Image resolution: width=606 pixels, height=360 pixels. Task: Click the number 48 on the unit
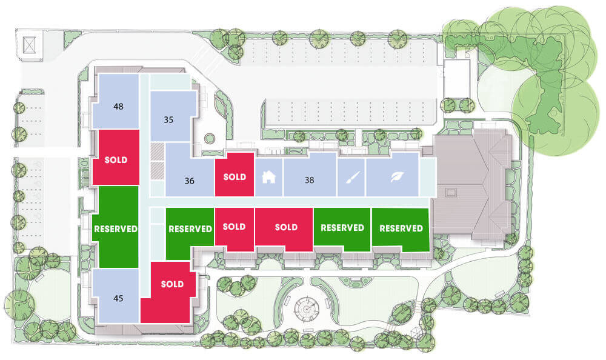click(x=118, y=106)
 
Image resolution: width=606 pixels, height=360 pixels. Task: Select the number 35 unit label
click(x=168, y=120)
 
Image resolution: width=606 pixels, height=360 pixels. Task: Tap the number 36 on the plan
click(x=189, y=181)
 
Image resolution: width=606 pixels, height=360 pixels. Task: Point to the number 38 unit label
click(x=309, y=180)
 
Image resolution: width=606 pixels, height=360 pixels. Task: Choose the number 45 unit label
click(x=118, y=298)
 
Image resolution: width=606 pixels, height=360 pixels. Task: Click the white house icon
click(x=268, y=177)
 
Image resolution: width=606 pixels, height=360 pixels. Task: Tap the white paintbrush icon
click(x=351, y=178)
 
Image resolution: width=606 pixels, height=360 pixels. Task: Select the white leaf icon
click(x=396, y=177)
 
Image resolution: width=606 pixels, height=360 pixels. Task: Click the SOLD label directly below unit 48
click(x=116, y=160)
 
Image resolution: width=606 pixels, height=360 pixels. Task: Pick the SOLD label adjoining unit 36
click(x=235, y=177)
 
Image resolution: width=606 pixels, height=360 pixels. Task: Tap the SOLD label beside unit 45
click(x=172, y=284)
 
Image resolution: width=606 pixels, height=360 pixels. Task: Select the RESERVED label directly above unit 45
click(x=116, y=229)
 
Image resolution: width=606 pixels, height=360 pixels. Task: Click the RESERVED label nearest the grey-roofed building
click(x=401, y=228)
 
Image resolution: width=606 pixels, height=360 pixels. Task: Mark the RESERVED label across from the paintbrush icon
click(x=342, y=228)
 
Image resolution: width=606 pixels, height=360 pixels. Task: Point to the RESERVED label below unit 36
click(x=190, y=229)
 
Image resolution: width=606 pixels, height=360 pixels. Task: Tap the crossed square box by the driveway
click(x=29, y=45)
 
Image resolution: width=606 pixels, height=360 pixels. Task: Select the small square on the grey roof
click(x=451, y=192)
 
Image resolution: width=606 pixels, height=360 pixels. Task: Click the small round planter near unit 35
click(x=210, y=138)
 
